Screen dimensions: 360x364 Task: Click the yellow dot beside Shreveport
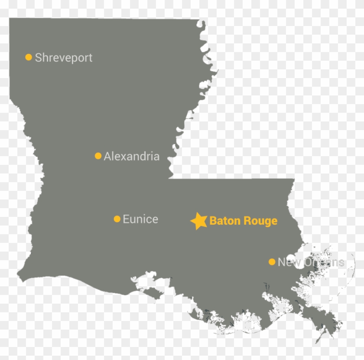(29, 57)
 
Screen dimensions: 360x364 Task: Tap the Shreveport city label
(64, 58)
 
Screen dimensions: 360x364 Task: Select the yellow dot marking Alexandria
(98, 156)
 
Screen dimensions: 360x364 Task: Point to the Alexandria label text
(132, 156)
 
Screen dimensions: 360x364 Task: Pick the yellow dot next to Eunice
(117, 219)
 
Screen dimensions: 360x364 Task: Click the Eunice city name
(140, 219)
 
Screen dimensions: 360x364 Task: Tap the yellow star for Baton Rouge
(199, 221)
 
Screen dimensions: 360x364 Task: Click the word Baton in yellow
(223, 221)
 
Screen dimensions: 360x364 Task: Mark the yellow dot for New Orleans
(272, 262)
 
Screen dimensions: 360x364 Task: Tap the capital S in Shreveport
(38, 57)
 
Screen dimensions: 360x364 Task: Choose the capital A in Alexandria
(108, 156)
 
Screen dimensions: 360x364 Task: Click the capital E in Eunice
(126, 219)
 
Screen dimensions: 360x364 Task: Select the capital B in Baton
(213, 221)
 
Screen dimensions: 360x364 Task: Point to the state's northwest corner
(10, 19)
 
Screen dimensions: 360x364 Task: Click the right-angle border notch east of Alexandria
(169, 178)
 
